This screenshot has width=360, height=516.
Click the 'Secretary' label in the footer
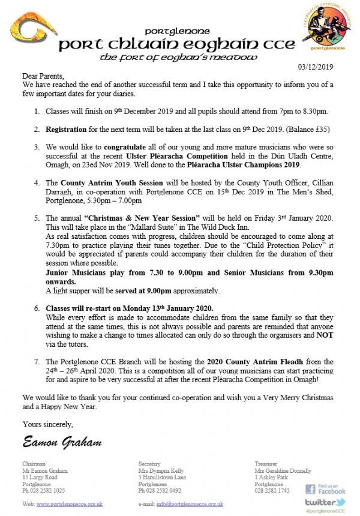pyautogui.click(x=149, y=464)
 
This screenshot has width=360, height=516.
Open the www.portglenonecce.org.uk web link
pyautogui.click(x=70, y=504)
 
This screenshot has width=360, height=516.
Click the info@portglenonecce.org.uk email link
pyautogui.click(x=190, y=504)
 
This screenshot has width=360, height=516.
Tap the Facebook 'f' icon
pyautogui.click(x=310, y=489)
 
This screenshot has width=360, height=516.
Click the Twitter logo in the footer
pyautogui.click(x=325, y=503)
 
